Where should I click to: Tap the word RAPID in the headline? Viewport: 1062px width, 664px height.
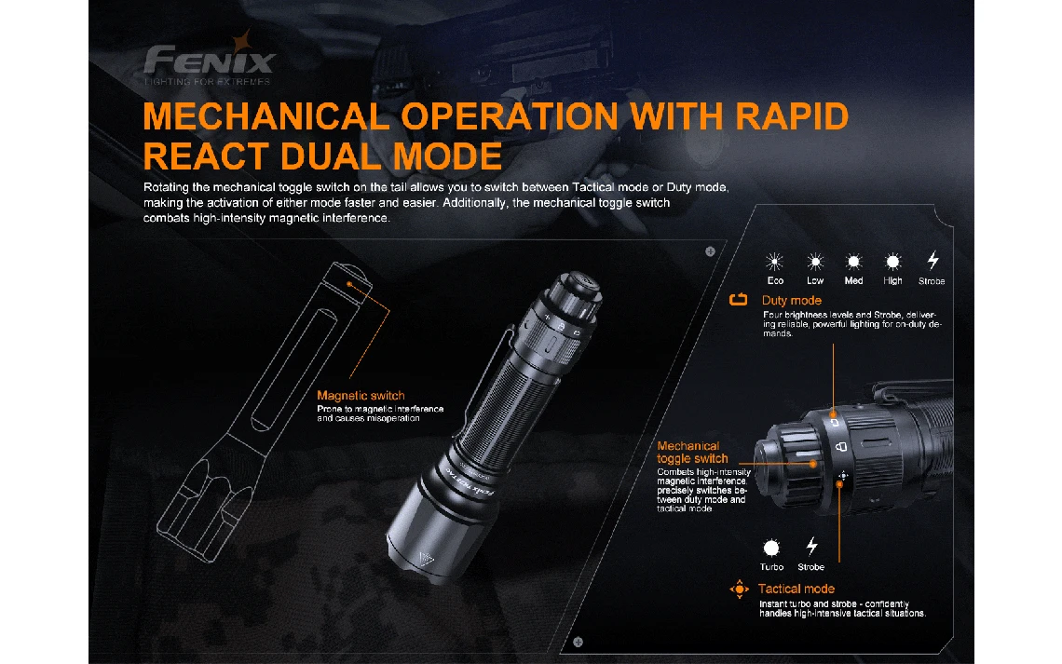(x=791, y=116)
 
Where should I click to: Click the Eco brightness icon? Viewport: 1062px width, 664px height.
(x=774, y=262)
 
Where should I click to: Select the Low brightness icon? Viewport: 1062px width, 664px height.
(x=815, y=262)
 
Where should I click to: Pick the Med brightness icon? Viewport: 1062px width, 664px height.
(x=853, y=262)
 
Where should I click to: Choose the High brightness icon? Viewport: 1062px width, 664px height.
(x=892, y=262)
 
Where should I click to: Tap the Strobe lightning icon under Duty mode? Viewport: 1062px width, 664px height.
(x=933, y=261)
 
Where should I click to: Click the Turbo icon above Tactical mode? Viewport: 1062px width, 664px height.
(x=771, y=548)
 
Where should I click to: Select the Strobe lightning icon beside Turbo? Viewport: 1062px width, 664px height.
(x=811, y=547)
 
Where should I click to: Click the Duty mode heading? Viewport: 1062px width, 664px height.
(x=791, y=301)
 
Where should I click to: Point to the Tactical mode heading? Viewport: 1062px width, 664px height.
(x=796, y=589)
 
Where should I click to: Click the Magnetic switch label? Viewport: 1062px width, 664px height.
(x=361, y=395)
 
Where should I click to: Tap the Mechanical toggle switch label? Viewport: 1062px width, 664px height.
(x=691, y=453)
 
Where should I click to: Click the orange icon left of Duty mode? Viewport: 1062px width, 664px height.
(x=738, y=300)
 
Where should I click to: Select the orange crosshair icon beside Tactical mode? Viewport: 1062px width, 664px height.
(x=739, y=589)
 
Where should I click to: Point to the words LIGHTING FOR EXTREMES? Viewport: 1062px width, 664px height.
(x=207, y=82)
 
